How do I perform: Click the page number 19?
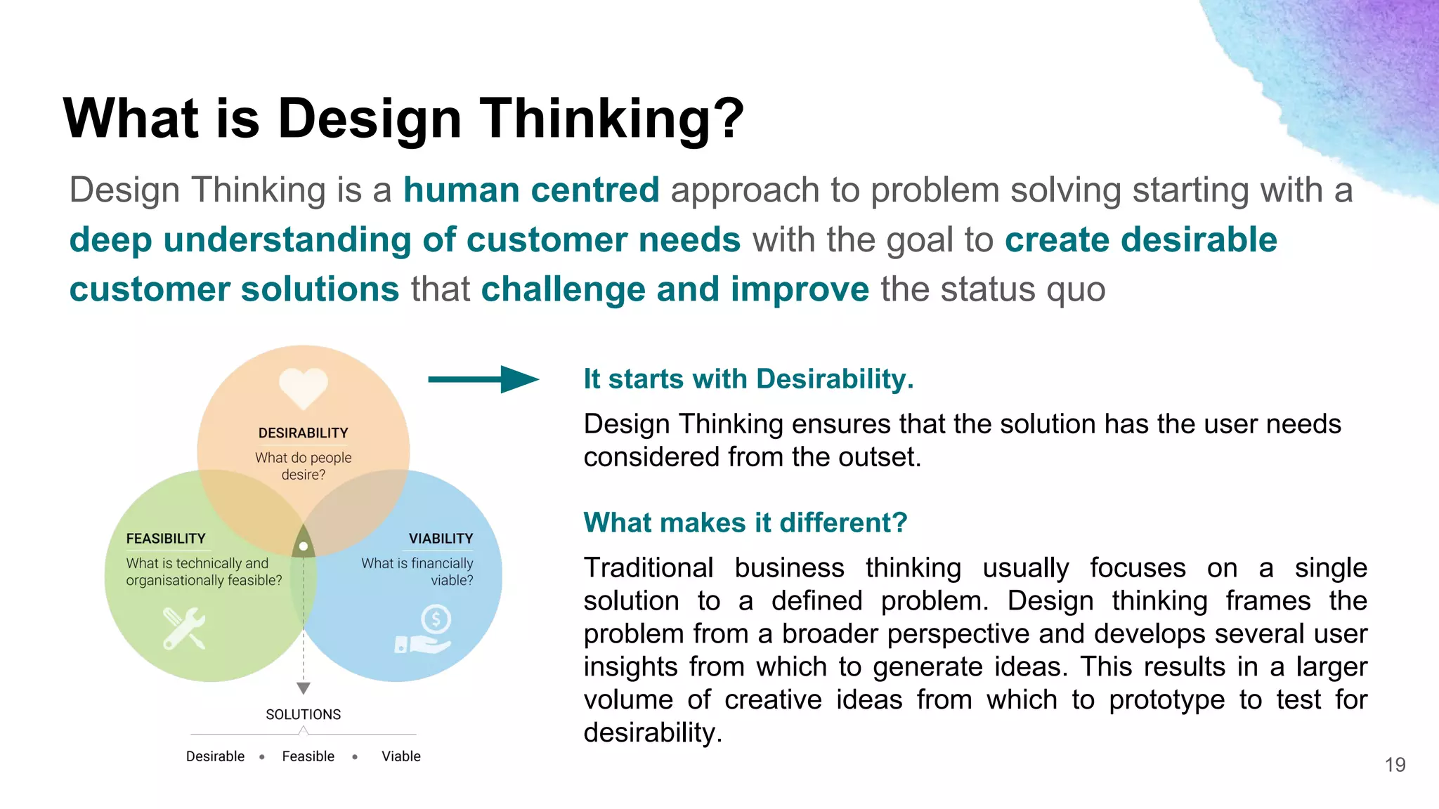[1395, 765]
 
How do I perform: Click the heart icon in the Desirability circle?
[303, 386]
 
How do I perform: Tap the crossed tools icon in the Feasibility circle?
[184, 628]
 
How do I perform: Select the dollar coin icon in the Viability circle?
[436, 620]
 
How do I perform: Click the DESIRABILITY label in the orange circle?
[303, 433]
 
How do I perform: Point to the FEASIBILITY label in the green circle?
[166, 539]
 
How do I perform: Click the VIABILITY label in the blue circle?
[441, 539]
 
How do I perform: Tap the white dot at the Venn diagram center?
[304, 546]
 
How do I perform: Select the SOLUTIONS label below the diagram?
[303, 714]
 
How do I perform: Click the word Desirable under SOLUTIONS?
[215, 756]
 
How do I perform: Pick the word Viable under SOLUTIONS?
[401, 756]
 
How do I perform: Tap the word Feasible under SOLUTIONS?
[308, 756]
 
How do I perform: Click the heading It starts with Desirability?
[748, 379]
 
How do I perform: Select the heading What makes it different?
[745, 522]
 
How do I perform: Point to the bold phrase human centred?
[531, 190]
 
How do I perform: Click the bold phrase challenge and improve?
[675, 289]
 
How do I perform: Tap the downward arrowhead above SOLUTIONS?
[304, 688]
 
